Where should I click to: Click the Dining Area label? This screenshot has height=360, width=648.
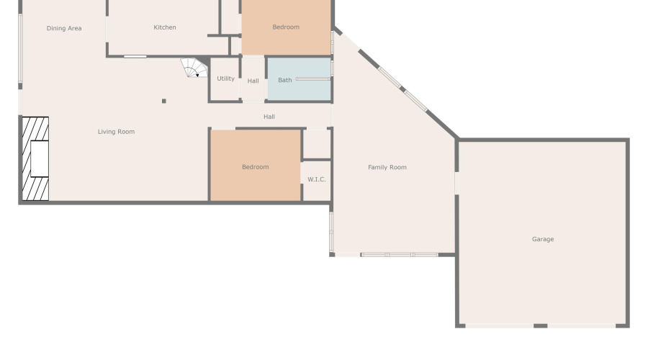pyautogui.click(x=64, y=29)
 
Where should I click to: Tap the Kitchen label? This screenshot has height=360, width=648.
pyautogui.click(x=165, y=27)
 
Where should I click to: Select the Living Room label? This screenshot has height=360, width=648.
pyautogui.click(x=116, y=132)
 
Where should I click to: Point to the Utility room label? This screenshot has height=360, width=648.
pyautogui.click(x=225, y=78)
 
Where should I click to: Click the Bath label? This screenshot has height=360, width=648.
pyautogui.click(x=285, y=80)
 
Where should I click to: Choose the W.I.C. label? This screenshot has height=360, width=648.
pyautogui.click(x=317, y=179)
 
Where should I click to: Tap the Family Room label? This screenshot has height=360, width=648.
pyautogui.click(x=387, y=168)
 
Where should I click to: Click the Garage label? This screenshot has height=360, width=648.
pyautogui.click(x=543, y=239)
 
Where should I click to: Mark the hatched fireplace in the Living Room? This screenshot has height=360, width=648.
pyautogui.click(x=34, y=158)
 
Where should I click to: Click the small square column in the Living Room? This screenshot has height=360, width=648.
pyautogui.click(x=164, y=101)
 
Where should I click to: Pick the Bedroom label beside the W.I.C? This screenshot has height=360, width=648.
pyautogui.click(x=255, y=167)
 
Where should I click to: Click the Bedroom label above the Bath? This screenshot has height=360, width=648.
pyautogui.click(x=286, y=27)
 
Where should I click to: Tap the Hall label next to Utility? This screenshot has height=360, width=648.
pyautogui.click(x=253, y=81)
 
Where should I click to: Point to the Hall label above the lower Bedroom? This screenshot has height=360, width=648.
pyautogui.click(x=269, y=117)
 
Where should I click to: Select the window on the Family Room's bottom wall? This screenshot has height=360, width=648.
pyautogui.click(x=399, y=254)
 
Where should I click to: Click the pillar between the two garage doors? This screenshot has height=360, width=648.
pyautogui.click(x=540, y=326)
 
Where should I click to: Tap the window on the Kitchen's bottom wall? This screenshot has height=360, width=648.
pyautogui.click(x=135, y=56)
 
